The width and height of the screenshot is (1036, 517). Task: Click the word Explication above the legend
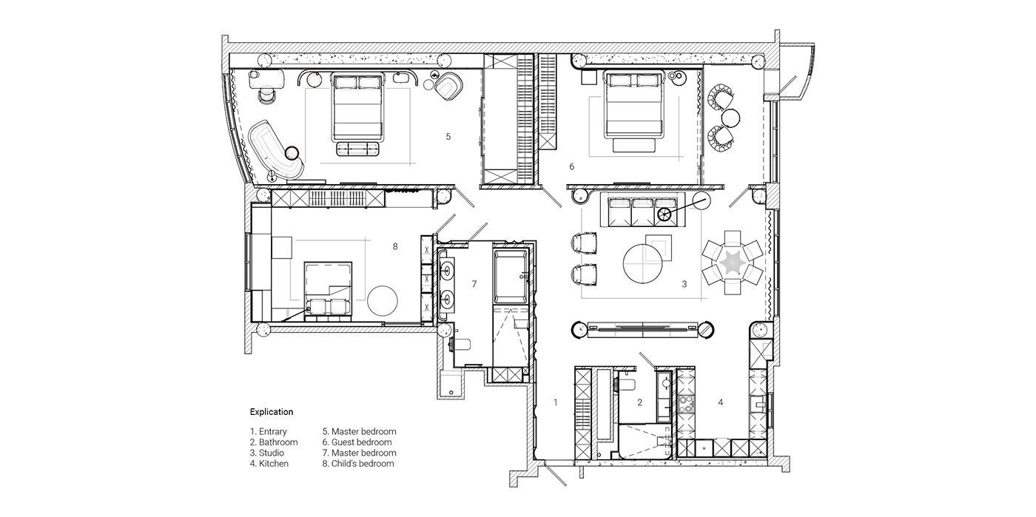[272, 412]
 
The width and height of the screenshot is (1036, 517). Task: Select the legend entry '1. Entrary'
[269, 431]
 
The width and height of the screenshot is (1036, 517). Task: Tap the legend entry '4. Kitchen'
[269, 464]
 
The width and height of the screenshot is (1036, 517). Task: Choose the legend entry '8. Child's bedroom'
[358, 464]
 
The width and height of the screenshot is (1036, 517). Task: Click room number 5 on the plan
[448, 136]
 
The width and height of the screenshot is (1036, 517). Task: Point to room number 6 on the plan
[571, 166]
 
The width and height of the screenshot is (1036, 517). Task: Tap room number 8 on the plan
[395, 246]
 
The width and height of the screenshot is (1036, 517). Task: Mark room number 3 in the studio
[684, 283]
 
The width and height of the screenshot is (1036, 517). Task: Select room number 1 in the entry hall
[555, 402]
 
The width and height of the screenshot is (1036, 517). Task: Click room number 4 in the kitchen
[720, 402]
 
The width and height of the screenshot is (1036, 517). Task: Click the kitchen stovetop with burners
[685, 406]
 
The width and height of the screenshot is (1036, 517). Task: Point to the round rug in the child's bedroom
[383, 300]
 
